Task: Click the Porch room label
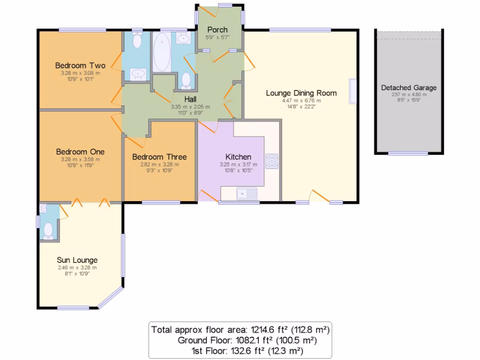pos(217,30)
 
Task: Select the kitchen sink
pos(246,193)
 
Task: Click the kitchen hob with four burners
pos(272,161)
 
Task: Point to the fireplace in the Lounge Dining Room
pos(352,91)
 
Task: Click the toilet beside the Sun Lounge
pos(48,230)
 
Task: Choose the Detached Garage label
pos(408,88)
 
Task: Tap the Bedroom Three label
pos(159,157)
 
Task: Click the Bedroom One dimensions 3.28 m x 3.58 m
pos(80,159)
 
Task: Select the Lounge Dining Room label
pos(301,93)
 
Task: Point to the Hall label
pos(190,99)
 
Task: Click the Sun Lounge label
pos(77,260)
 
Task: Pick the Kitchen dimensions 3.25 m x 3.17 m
pos(238,165)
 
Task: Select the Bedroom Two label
pos(80,65)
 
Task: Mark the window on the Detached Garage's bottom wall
pos(408,153)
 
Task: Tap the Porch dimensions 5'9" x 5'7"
pos(217,37)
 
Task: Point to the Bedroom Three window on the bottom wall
pos(161,202)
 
